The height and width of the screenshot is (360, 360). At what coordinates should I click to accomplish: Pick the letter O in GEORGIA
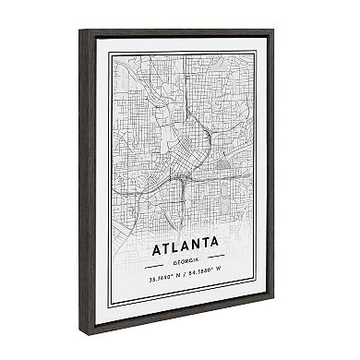177,261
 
